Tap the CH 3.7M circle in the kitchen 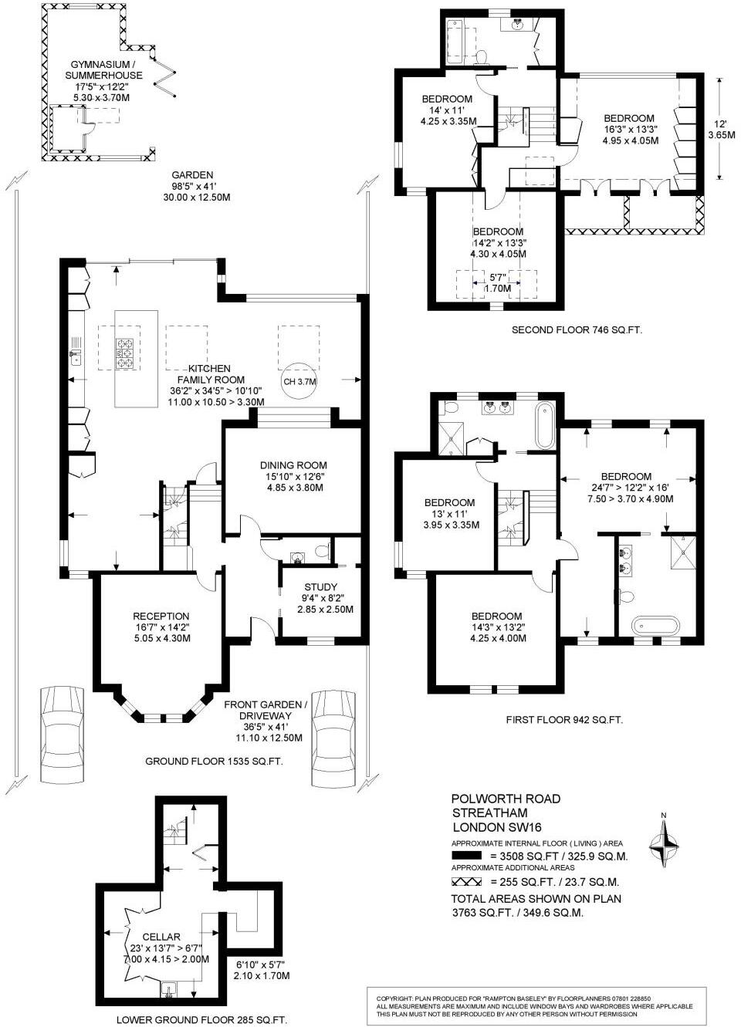[x=300, y=381]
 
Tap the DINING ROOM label [x=293, y=465]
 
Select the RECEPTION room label [x=161, y=617]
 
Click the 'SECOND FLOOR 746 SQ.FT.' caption [x=577, y=330]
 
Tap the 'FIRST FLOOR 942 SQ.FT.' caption [x=564, y=720]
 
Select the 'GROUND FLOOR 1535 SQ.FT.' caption [x=214, y=762]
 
